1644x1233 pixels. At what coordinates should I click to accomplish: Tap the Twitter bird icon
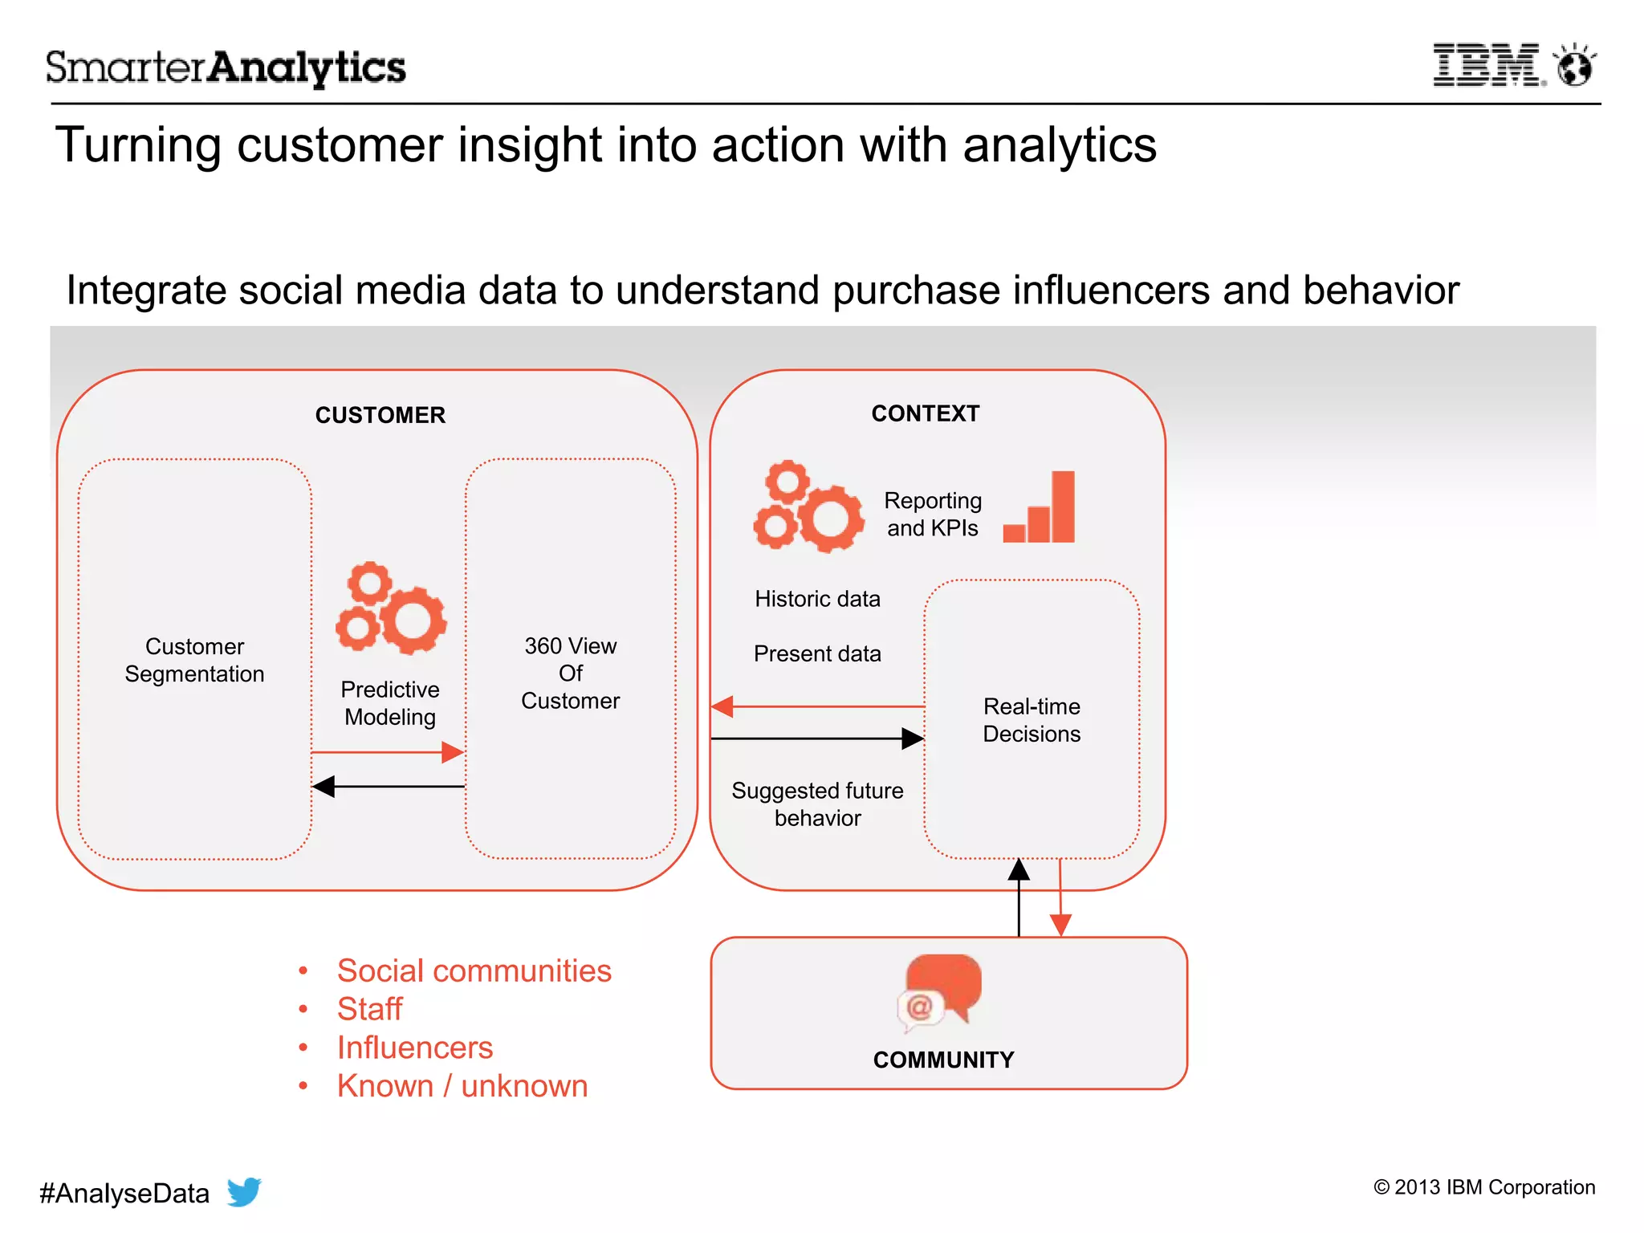click(x=244, y=1191)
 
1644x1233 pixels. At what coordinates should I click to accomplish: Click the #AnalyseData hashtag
click(x=124, y=1194)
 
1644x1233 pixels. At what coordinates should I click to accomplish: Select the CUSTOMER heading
click(x=380, y=415)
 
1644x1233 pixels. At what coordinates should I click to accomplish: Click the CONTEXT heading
click(x=925, y=413)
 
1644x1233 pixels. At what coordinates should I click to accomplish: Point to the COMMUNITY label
click(x=943, y=1060)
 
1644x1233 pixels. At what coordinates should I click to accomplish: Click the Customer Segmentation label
click(x=194, y=660)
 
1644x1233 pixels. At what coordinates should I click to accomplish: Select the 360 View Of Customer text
click(x=570, y=673)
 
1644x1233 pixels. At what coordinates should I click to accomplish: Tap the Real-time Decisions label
click(x=1032, y=720)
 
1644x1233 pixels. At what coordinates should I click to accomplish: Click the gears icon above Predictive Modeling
click(x=391, y=608)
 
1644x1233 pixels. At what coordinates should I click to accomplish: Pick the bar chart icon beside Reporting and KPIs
click(x=1040, y=507)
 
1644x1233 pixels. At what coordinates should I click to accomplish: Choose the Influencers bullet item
click(x=414, y=1048)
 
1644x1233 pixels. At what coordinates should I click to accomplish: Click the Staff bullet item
click(x=369, y=1009)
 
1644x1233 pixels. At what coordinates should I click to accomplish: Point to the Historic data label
click(x=817, y=599)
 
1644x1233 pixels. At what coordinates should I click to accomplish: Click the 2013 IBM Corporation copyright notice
click(x=1483, y=1187)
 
